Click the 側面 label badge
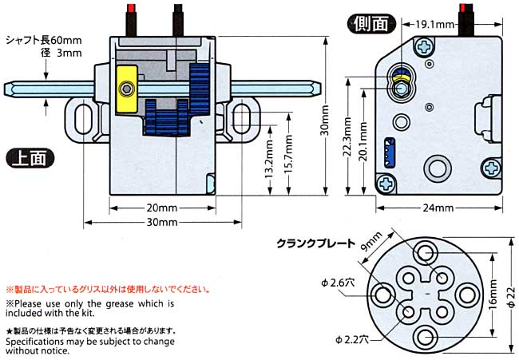click(x=371, y=23)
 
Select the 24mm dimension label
click(x=438, y=208)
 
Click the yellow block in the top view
click(x=126, y=87)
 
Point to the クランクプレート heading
click(x=312, y=243)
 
